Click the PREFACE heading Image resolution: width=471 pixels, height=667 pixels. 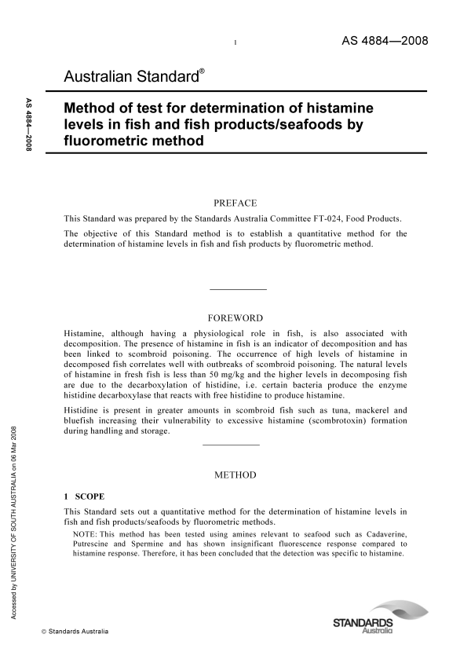(x=235, y=203)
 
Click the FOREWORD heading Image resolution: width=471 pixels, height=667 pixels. (x=235, y=318)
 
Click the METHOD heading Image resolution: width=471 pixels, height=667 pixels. (x=235, y=475)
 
